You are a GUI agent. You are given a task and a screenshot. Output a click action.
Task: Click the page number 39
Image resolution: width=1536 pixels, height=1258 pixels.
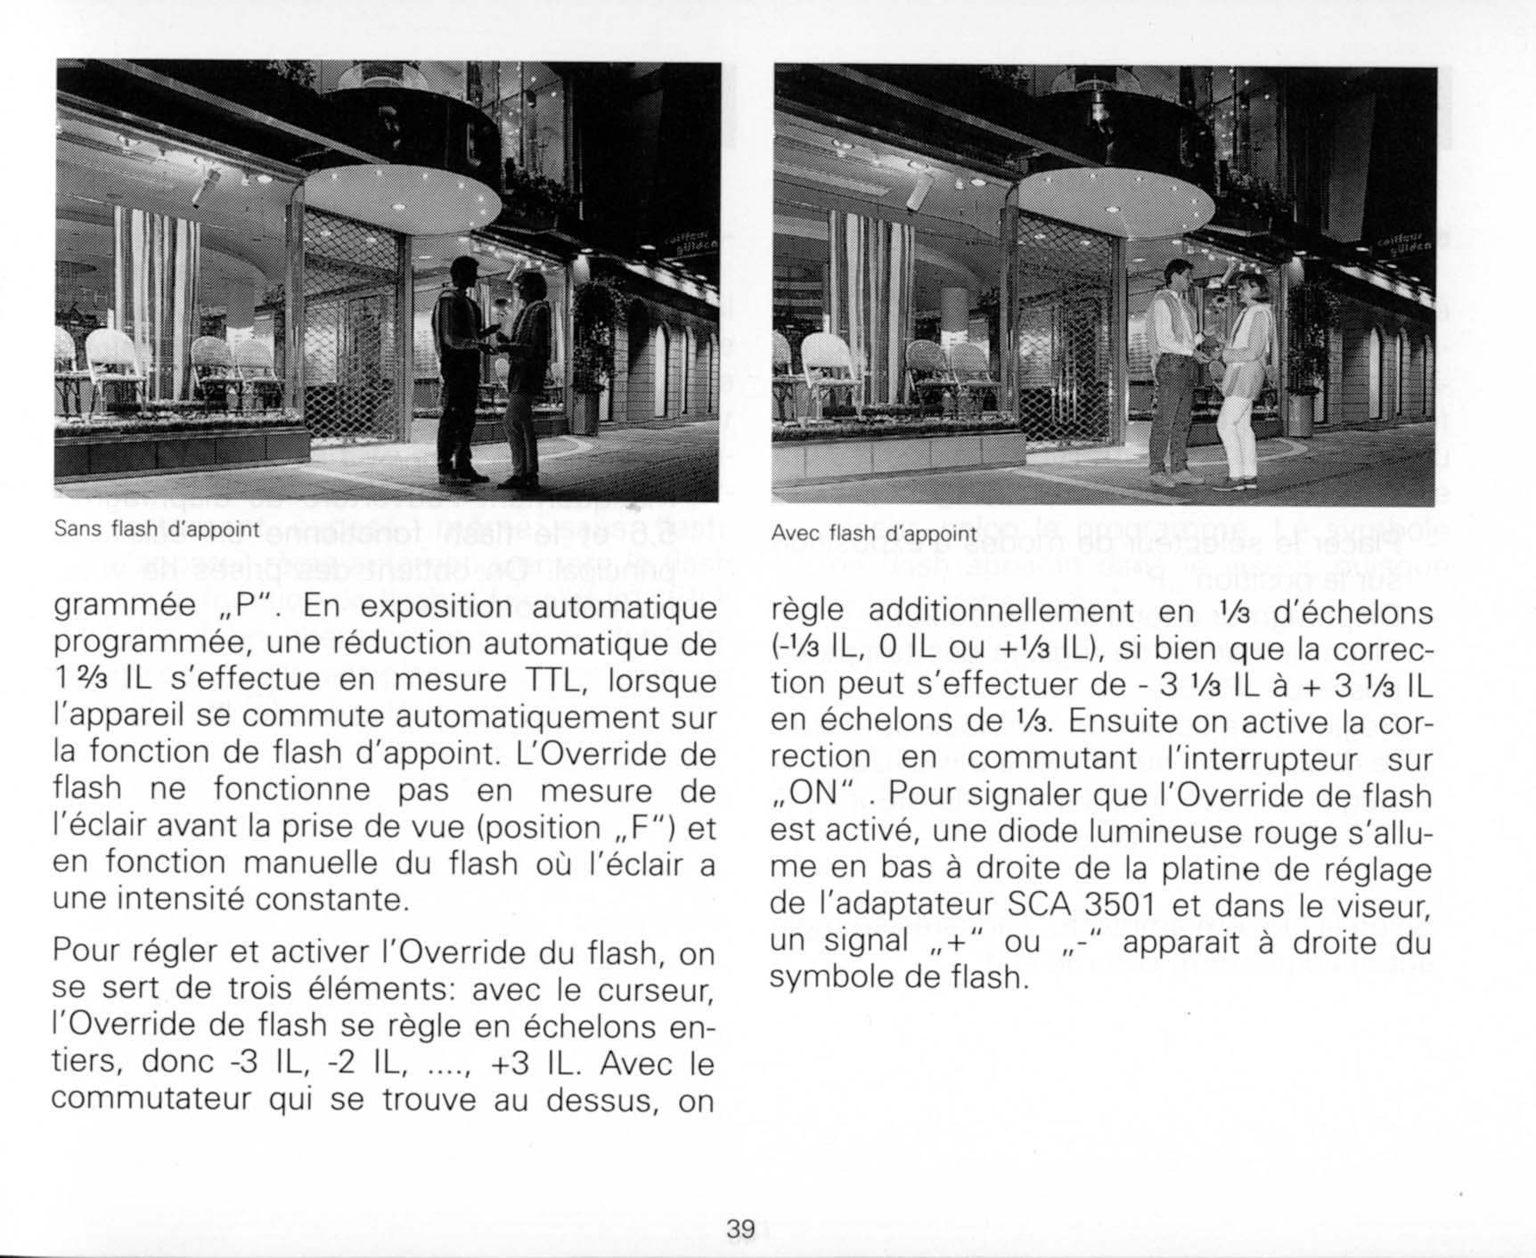tap(740, 1229)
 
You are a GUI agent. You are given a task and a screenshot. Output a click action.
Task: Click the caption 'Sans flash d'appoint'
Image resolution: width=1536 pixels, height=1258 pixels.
tap(156, 529)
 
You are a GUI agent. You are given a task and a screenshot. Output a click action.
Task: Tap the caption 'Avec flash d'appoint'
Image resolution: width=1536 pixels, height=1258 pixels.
tap(874, 534)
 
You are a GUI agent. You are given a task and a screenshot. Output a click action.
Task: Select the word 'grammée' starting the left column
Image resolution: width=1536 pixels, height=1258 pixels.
tap(124, 608)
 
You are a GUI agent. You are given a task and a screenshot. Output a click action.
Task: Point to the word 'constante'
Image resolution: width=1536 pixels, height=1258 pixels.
tap(331, 900)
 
